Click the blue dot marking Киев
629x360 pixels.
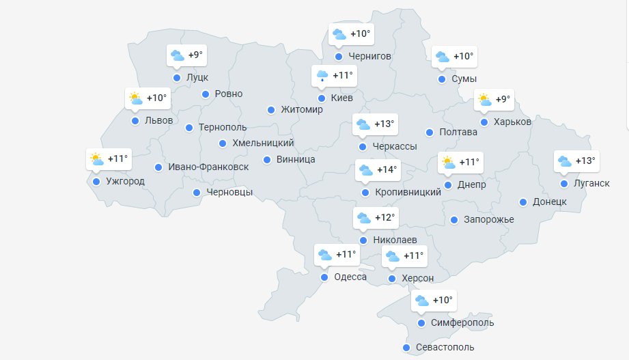[322, 98]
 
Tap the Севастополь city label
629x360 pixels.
[445, 347]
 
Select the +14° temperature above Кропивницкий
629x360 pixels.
[387, 169]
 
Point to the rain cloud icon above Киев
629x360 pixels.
[322, 74]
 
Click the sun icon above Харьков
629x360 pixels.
[484, 100]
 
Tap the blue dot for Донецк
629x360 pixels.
[523, 202]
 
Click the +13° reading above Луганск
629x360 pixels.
[585, 161]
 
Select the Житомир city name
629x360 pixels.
[301, 109]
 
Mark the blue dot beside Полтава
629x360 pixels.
[430, 133]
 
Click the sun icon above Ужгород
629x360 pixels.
[96, 159]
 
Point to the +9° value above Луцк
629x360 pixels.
[195, 55]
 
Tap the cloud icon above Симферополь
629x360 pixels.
[422, 301]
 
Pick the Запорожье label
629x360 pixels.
[488, 219]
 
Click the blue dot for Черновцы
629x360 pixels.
[197, 193]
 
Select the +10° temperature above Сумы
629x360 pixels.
[463, 57]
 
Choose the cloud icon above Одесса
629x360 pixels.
[324, 255]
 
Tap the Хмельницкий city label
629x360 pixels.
[263, 143]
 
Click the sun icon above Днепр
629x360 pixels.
[448, 163]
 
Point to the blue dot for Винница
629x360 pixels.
[267, 160]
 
